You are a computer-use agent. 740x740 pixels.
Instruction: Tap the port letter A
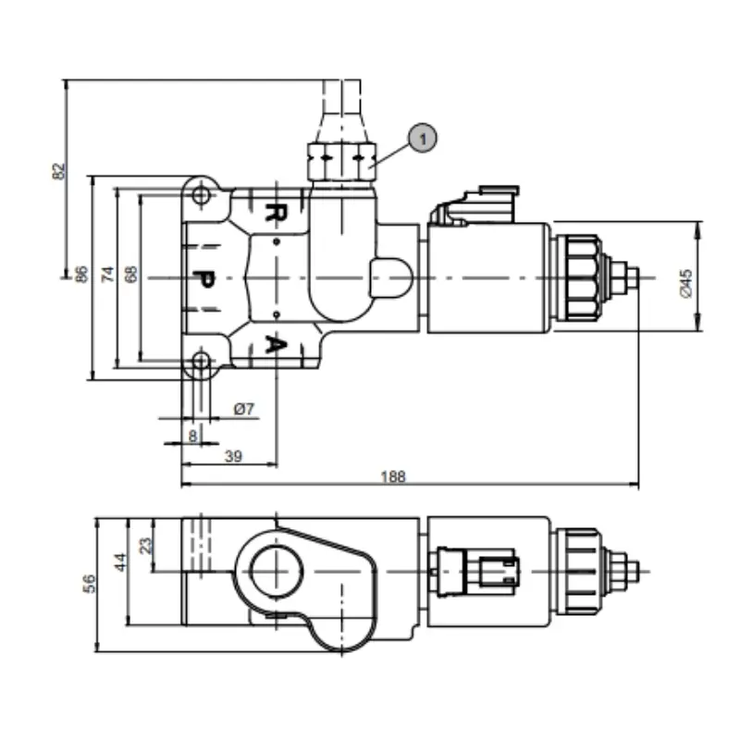tap(274, 344)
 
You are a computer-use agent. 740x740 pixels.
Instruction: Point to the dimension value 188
tap(394, 476)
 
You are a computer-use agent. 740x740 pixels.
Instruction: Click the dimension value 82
tap(58, 170)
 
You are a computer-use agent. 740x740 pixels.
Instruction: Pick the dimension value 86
tap(81, 274)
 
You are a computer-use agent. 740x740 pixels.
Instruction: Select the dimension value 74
tap(107, 274)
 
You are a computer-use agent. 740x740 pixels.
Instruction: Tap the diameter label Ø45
tap(685, 281)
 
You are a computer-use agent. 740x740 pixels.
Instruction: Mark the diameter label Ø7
tap(244, 408)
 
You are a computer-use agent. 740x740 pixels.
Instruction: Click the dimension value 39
tap(233, 455)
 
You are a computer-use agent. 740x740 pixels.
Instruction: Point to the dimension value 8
tap(192, 434)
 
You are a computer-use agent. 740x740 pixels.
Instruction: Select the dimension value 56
tap(88, 583)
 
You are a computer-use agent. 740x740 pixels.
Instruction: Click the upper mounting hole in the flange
tap(200, 196)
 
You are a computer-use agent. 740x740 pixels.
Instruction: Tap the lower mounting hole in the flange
tap(200, 364)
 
